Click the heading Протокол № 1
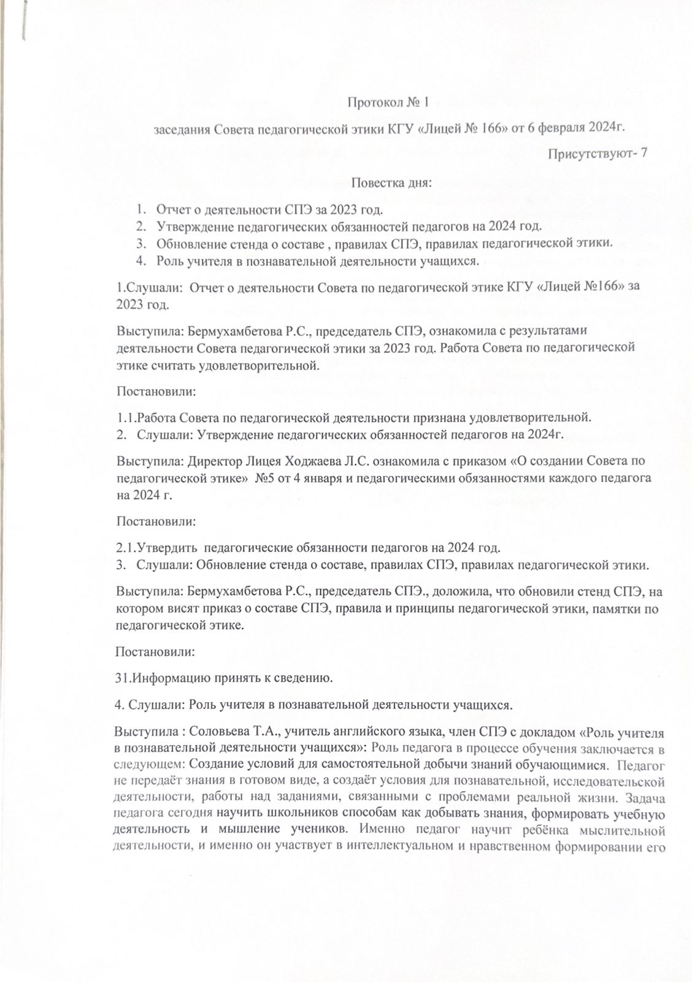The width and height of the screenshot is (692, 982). pyautogui.click(x=387, y=102)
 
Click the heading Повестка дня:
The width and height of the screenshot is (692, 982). pyautogui.click(x=391, y=182)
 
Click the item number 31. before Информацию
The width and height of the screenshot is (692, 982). pyautogui.click(x=122, y=678)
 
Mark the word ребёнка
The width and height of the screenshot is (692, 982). pyautogui.click(x=543, y=832)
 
